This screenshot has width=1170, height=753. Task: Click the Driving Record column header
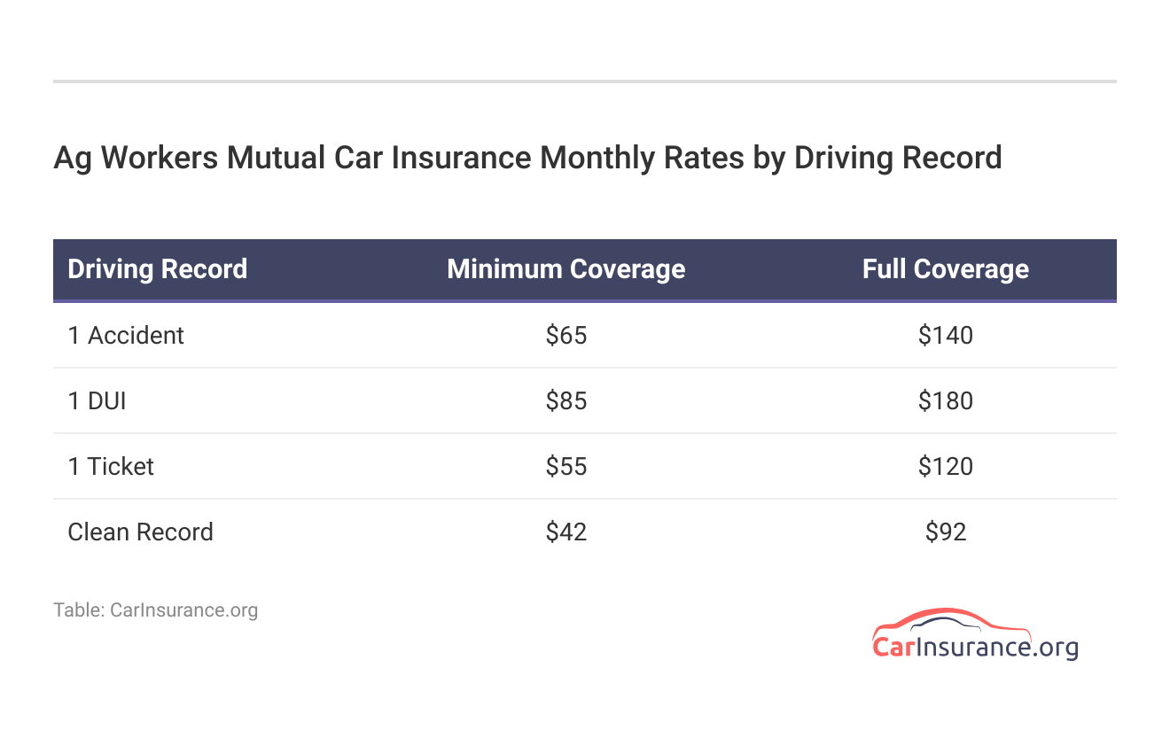157,269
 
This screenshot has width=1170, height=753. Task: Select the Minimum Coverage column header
565,269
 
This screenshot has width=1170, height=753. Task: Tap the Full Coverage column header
945,269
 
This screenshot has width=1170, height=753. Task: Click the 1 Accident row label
126,336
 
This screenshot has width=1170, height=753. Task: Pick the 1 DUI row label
97,401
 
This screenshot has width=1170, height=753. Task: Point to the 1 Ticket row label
111,467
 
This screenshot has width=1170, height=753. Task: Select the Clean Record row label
140,532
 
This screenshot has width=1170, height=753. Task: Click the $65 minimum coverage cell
566,336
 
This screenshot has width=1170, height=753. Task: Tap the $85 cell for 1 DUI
566,401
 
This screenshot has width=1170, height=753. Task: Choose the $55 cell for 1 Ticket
566,467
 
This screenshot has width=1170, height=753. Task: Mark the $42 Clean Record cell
566,532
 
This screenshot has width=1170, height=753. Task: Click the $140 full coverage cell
945,336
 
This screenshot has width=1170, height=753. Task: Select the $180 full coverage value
945,401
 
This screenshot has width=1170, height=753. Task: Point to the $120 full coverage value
945,467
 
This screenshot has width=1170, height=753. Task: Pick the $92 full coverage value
945,532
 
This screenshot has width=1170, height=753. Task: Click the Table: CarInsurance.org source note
155,610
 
